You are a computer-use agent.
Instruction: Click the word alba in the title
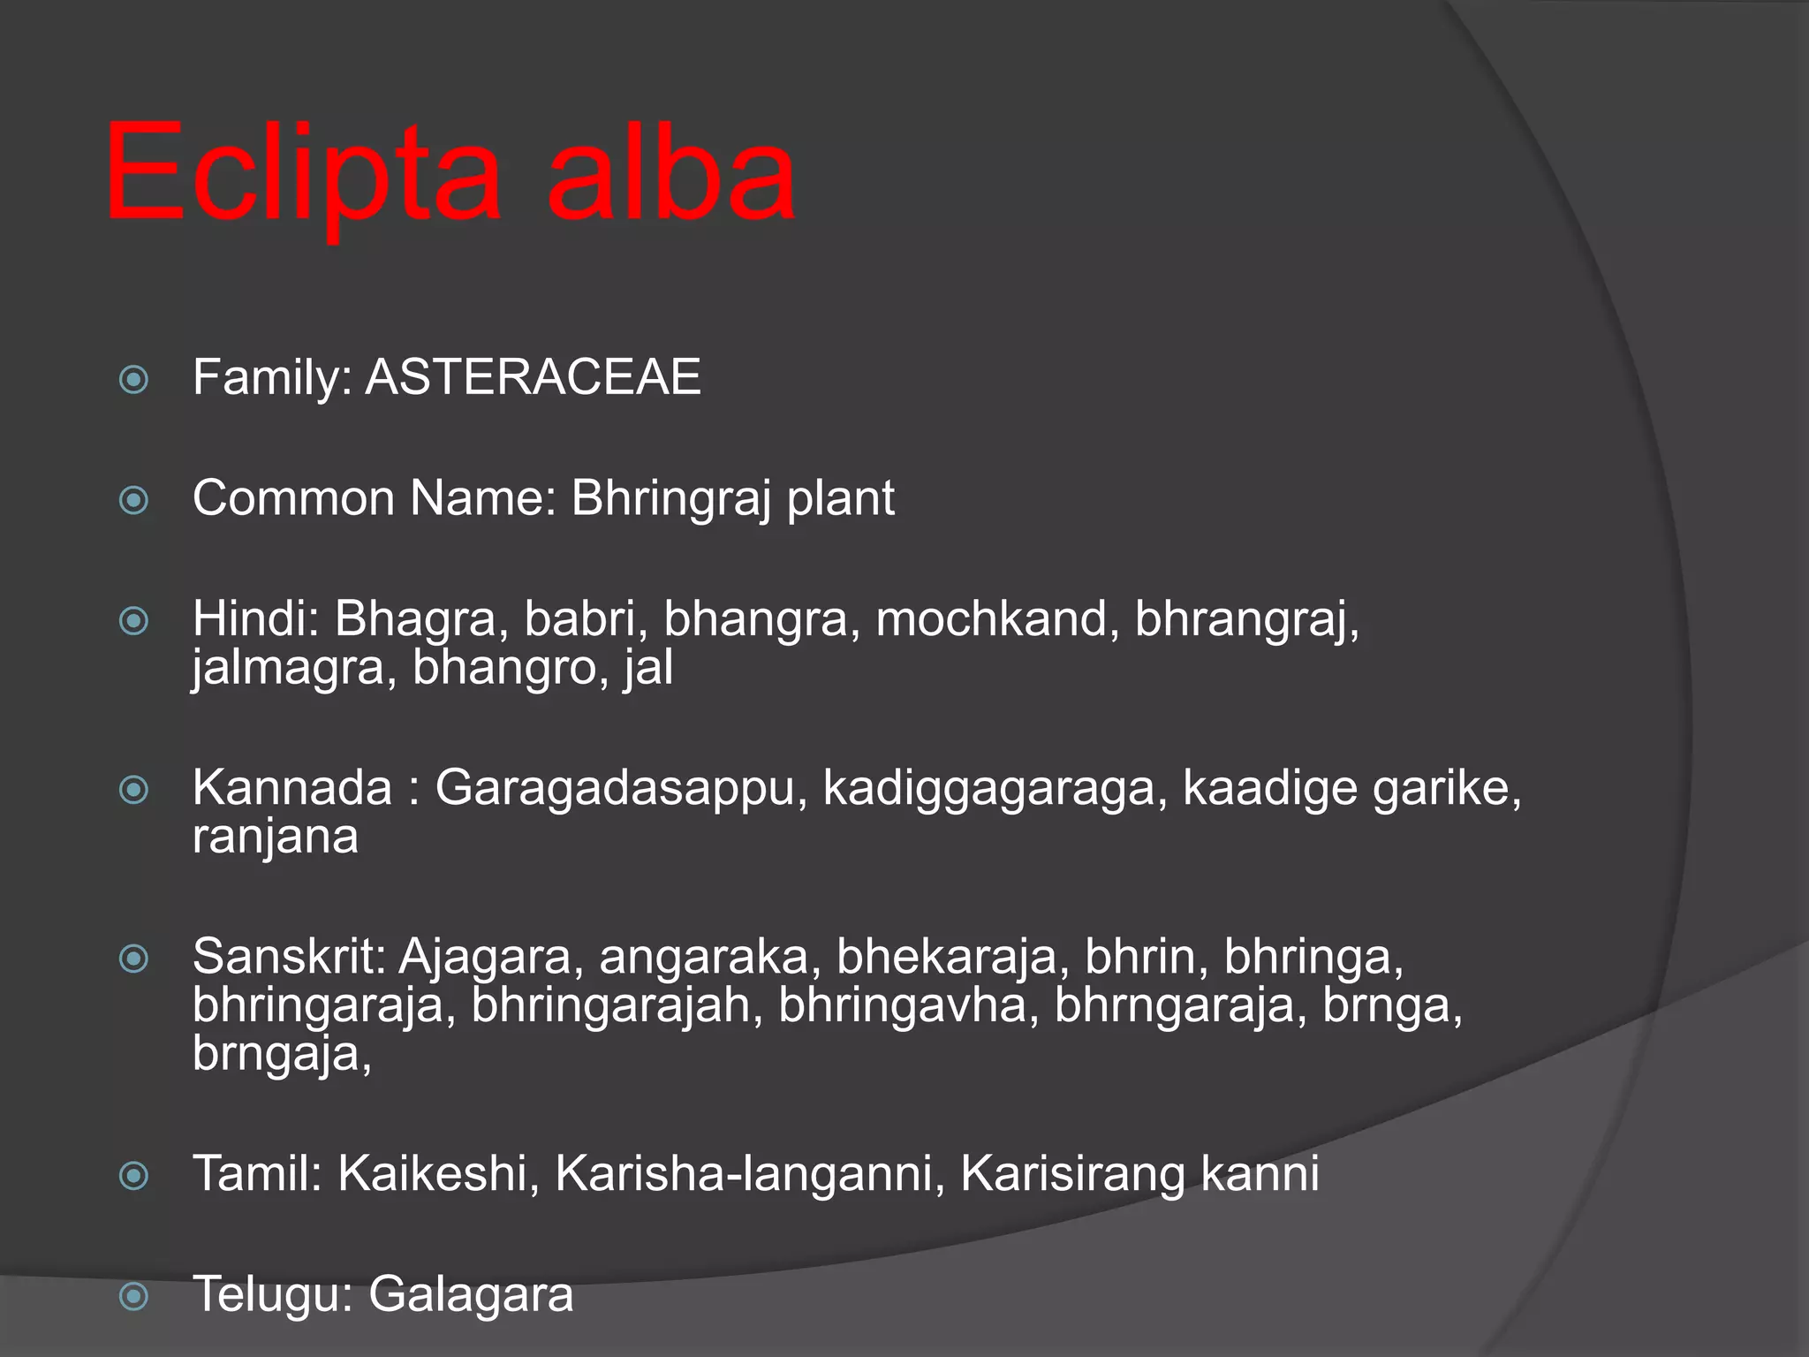coord(671,172)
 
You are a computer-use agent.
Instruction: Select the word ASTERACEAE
coord(533,377)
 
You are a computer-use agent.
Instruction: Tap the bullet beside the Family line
coord(133,380)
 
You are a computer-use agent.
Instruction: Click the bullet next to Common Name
coord(133,501)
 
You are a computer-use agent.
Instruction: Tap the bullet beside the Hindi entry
coord(133,621)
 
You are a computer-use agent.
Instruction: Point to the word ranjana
coord(276,837)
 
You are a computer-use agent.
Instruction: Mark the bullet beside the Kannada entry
coord(133,790)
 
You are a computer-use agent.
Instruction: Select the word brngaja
coord(281,1054)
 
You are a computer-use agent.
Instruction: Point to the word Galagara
coord(471,1295)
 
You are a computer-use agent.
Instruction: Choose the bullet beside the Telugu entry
coord(133,1297)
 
